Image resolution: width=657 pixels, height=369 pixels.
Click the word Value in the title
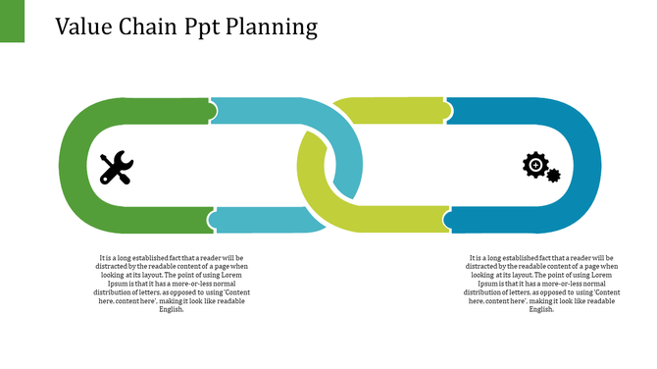coord(85,26)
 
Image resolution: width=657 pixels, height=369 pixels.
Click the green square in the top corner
coord(12,21)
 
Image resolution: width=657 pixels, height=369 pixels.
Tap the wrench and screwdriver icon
coord(117,168)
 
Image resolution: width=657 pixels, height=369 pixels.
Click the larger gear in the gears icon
coord(535,164)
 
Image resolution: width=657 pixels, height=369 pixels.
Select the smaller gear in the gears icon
coord(554,176)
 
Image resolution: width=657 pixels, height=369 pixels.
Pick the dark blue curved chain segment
coord(583,167)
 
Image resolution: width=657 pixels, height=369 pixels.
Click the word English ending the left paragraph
coord(172,309)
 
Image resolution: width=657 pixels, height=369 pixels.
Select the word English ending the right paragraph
coord(541,309)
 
